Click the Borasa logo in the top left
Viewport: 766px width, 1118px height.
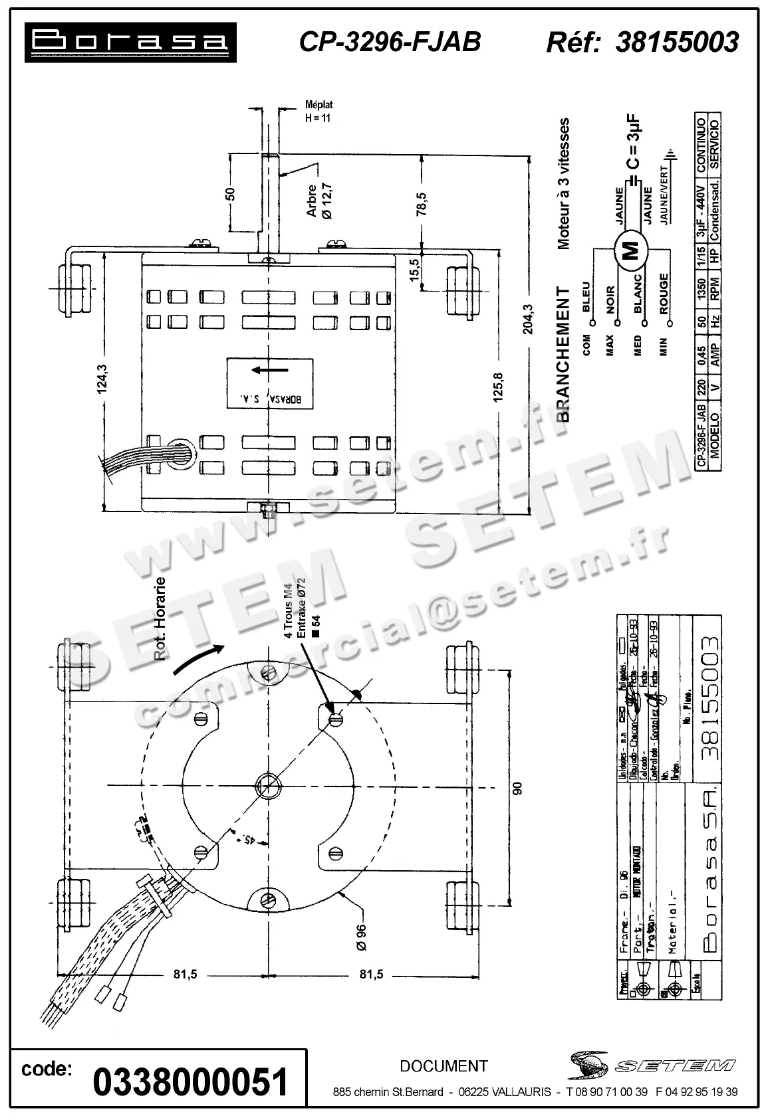coord(130,42)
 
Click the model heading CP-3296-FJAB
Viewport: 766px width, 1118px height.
coord(390,42)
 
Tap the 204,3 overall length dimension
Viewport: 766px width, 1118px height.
coord(529,319)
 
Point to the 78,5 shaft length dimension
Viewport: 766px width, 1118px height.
coord(422,204)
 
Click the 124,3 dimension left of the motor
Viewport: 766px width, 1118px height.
coord(102,379)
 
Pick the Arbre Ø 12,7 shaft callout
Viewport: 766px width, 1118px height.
coord(319,200)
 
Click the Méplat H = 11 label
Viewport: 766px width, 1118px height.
coord(318,112)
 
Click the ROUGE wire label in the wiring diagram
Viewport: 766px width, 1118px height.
coord(664,293)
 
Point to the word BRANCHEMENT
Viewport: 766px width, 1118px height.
coord(564,353)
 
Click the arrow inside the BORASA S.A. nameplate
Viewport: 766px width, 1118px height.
coord(269,369)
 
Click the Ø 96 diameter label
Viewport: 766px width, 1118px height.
coord(361,937)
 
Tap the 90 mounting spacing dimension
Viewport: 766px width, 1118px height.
coord(518,788)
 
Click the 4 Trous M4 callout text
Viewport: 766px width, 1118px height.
coord(289,616)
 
